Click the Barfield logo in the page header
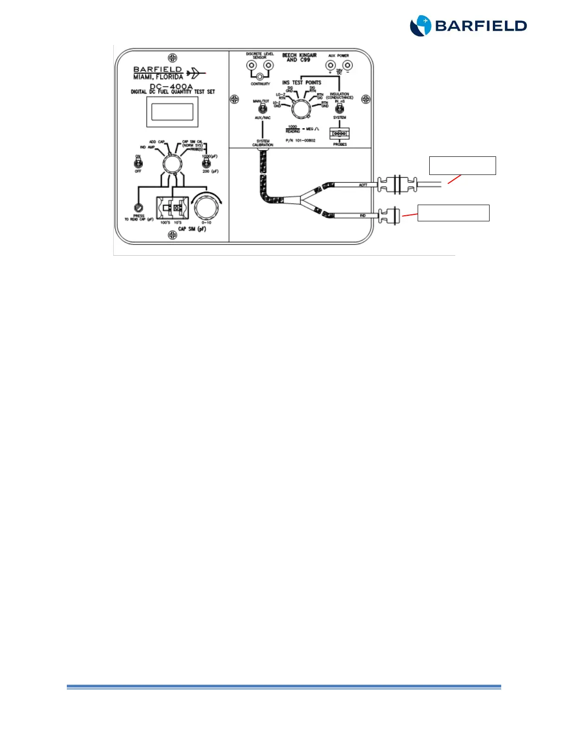click(468, 26)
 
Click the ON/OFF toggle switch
click(138, 163)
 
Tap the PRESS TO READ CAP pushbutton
click(138, 208)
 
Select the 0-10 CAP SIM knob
click(206, 207)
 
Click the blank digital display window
click(172, 112)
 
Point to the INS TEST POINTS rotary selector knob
click(301, 110)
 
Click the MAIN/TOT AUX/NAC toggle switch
click(262, 109)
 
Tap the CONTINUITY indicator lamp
click(260, 77)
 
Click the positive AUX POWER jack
click(330, 65)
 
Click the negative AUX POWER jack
click(347, 65)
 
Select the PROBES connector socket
click(340, 134)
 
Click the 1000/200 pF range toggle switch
click(206, 163)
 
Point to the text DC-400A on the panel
click(171, 86)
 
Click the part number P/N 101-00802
click(300, 141)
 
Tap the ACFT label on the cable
click(363, 185)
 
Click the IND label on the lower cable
click(363, 215)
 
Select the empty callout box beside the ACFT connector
click(462, 166)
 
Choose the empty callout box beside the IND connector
click(453, 213)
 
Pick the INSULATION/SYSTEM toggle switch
click(340, 109)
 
